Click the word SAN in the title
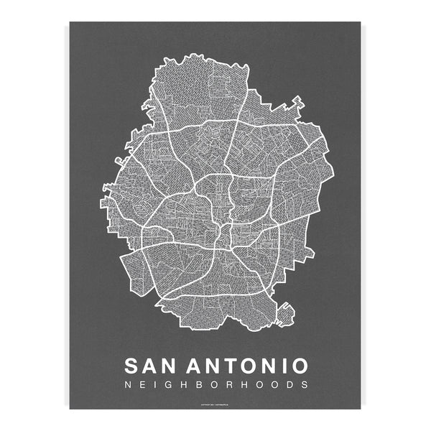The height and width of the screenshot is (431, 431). (x=152, y=365)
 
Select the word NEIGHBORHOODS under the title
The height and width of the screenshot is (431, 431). (x=216, y=384)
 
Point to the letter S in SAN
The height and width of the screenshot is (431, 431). (x=133, y=365)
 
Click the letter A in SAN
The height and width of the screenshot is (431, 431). (x=152, y=365)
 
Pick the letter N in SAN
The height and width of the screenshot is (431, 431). (x=172, y=365)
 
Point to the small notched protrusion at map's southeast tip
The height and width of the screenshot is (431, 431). (x=286, y=310)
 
